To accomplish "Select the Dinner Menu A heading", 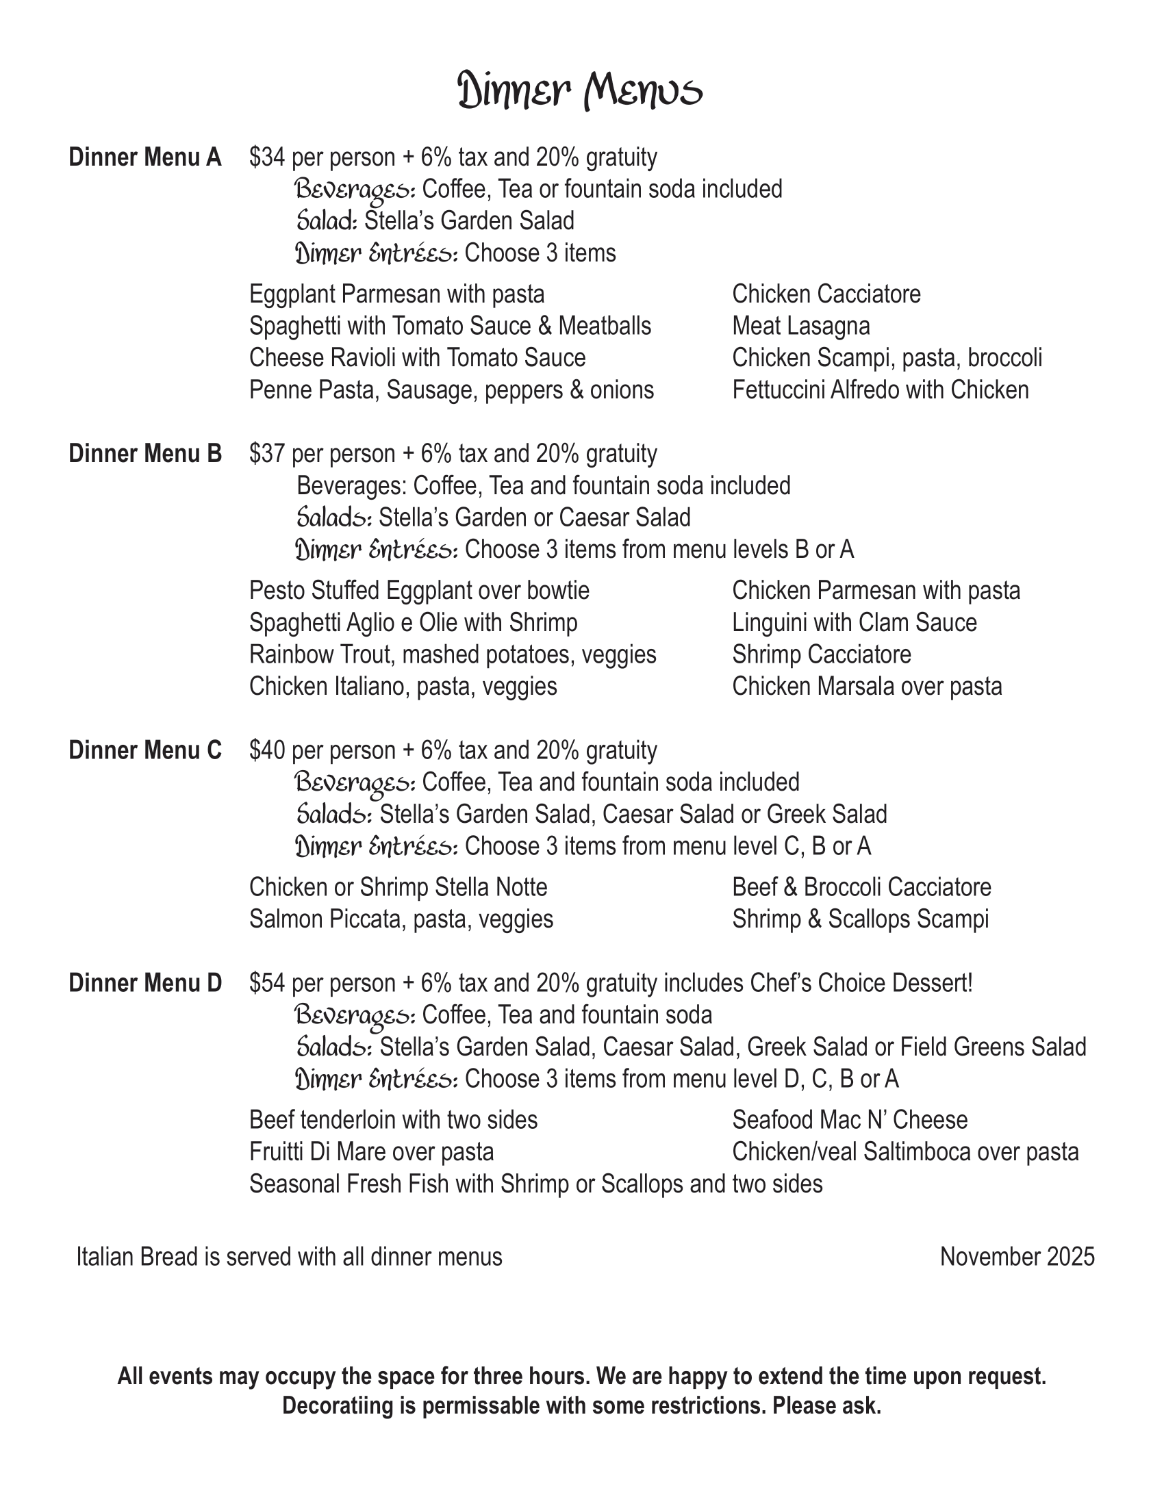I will (x=144, y=158).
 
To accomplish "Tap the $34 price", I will (x=267, y=158).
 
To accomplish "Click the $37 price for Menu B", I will (x=267, y=455).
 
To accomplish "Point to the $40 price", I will (x=267, y=750).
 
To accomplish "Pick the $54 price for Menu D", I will (x=267, y=983).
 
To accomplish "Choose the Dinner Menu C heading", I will (x=144, y=750).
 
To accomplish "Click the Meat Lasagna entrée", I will (x=800, y=326).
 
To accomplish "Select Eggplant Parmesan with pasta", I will (x=396, y=294).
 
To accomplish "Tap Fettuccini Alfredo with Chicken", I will (x=880, y=390).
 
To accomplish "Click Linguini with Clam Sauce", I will (x=855, y=624).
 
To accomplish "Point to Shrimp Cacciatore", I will (x=821, y=655).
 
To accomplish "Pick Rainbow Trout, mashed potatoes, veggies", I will (x=453, y=655).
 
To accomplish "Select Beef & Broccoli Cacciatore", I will (x=861, y=887).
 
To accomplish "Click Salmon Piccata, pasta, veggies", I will (x=401, y=920).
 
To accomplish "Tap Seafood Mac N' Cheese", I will (x=850, y=1121).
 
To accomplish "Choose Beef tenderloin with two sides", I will (x=393, y=1121).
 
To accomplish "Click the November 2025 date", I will (x=1017, y=1257).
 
